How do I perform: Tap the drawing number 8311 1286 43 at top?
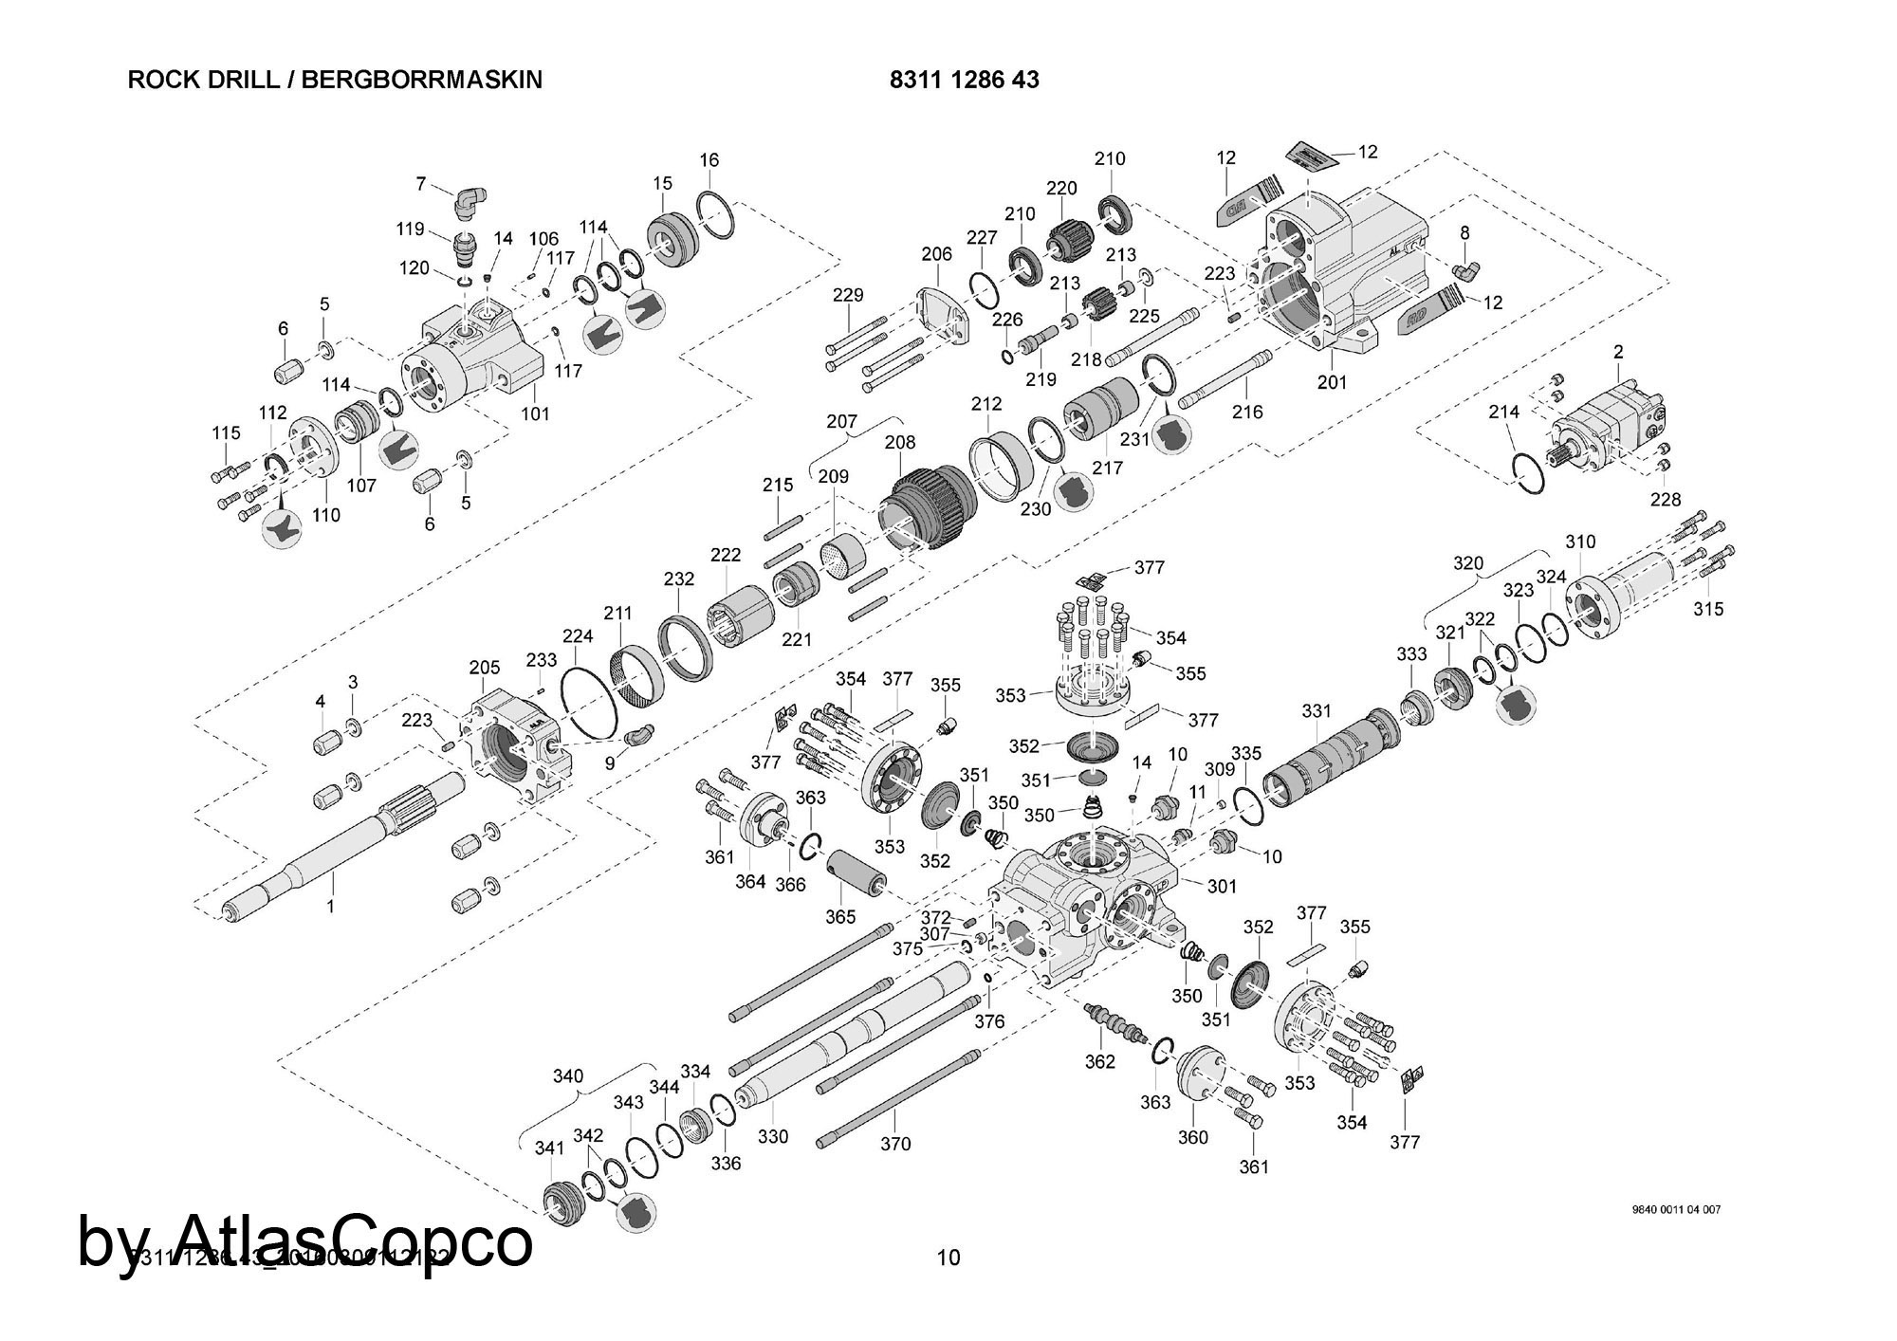(964, 80)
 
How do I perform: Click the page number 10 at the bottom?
(948, 1258)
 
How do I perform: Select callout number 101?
(535, 414)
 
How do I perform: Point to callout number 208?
(900, 442)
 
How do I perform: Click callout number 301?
(1222, 886)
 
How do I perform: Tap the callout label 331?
(1317, 711)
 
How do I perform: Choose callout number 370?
(895, 1144)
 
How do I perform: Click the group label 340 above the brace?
(568, 1076)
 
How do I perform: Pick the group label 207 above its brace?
(841, 421)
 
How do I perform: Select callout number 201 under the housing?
(1332, 382)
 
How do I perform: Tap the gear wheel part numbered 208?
(930, 507)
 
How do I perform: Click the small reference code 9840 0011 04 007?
(1676, 1209)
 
